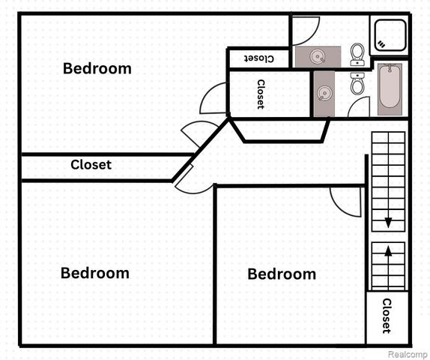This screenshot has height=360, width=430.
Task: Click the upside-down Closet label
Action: point(259,58)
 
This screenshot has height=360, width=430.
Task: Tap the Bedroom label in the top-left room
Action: point(97,68)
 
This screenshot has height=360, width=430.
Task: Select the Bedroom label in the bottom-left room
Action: point(95,273)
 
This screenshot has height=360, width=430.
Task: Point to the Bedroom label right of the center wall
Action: point(282,274)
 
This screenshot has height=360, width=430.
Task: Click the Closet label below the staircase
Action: point(387,316)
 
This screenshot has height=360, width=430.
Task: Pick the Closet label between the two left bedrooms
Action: point(91,165)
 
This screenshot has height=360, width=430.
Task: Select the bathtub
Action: point(390,89)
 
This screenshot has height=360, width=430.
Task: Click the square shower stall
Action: point(390,35)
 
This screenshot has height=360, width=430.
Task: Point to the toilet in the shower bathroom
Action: point(357,55)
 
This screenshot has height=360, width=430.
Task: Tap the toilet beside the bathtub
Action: point(357,83)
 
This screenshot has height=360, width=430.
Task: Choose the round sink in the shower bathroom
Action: point(318,56)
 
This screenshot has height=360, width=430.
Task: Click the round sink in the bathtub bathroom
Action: point(324,93)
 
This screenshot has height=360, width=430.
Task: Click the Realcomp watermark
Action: point(408,354)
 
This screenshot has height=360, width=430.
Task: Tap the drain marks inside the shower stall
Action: point(381,44)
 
